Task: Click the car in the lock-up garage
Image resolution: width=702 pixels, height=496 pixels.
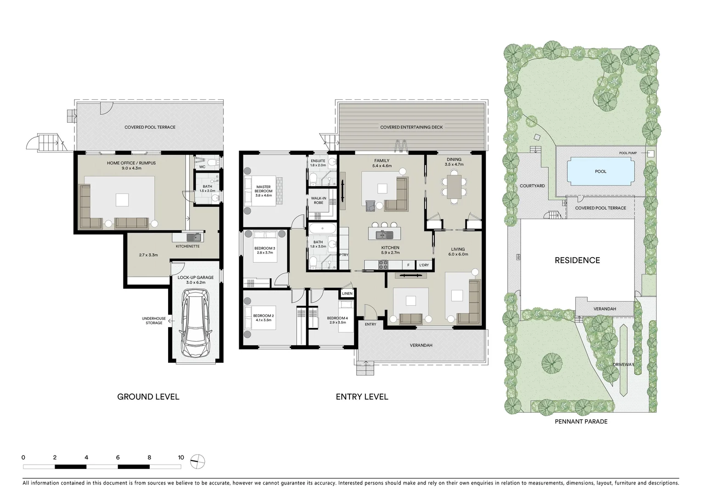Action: coord(196,323)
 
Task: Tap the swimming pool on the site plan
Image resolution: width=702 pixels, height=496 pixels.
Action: coord(601,171)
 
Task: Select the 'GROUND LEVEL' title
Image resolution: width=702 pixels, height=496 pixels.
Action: coord(148,397)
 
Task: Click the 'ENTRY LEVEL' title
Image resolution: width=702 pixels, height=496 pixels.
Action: coord(362,397)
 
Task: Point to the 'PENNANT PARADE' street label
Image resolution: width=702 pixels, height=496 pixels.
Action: coord(581,421)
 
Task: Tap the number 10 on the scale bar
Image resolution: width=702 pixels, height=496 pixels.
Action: coord(181,457)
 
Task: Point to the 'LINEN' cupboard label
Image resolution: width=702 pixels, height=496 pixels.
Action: coord(347,293)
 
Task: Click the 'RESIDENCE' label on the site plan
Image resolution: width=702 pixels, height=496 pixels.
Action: coord(577,260)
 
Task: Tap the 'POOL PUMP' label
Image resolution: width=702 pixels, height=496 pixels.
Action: coord(629,153)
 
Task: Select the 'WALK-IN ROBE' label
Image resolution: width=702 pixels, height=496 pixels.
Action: coord(318,200)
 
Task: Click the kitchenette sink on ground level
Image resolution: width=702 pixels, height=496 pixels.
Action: coord(194,237)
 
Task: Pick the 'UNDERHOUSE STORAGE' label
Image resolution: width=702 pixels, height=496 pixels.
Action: coord(154,321)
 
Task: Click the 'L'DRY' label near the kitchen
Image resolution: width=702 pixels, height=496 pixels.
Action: coord(424,265)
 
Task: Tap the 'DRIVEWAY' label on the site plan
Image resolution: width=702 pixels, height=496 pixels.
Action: coord(623,365)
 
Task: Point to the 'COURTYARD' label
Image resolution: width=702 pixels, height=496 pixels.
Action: coord(532,186)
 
